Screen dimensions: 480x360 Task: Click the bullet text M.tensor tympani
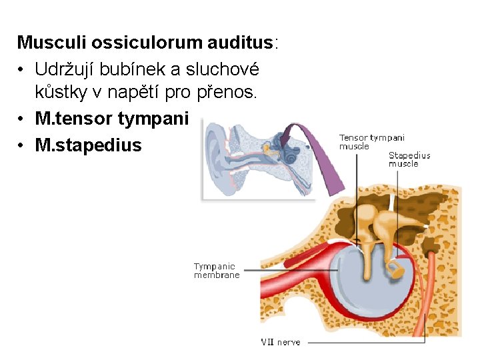(x=112, y=119)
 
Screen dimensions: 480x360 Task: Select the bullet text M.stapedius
(x=88, y=145)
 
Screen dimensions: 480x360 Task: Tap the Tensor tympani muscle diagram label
(x=371, y=142)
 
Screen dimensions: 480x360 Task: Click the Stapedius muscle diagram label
(x=409, y=159)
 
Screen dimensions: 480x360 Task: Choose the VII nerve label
(x=280, y=342)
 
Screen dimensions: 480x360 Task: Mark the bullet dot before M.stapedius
(x=21, y=145)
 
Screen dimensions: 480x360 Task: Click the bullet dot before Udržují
(x=21, y=69)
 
